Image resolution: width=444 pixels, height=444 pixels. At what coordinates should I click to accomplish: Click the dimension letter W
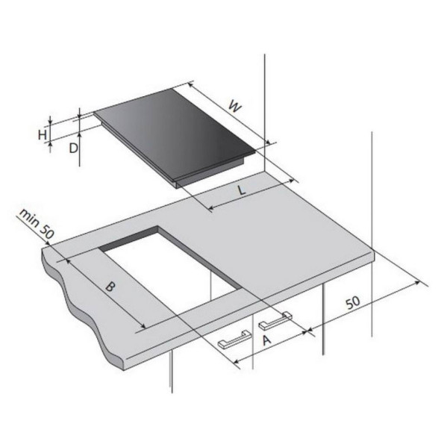coord(236,107)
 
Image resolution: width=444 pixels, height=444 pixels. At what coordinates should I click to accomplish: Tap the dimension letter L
coord(242,190)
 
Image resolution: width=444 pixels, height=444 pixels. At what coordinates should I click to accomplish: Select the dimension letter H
coord(43,135)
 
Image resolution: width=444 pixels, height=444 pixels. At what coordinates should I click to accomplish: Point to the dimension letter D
coord(73,148)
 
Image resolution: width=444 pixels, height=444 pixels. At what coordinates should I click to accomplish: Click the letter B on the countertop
coord(110,287)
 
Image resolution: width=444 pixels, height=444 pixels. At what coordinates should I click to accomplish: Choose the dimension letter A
coord(266,340)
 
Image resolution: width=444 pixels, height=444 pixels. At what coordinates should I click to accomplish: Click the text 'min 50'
coord(37,224)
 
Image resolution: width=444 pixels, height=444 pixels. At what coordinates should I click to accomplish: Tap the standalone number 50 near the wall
coord(353,303)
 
